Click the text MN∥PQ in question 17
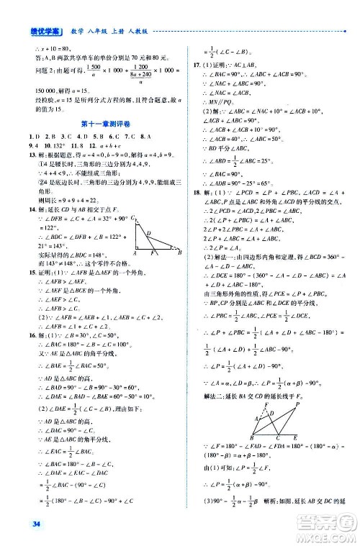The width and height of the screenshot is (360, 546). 213,102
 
